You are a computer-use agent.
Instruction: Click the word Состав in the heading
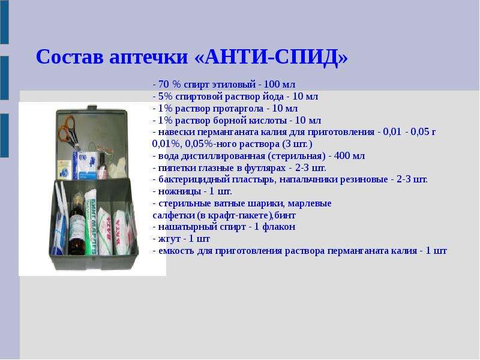pyautogui.click(x=70, y=56)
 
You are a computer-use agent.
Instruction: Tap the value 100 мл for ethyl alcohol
pyautogui.click(x=280, y=84)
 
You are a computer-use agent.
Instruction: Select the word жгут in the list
pyautogui.click(x=169, y=239)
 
